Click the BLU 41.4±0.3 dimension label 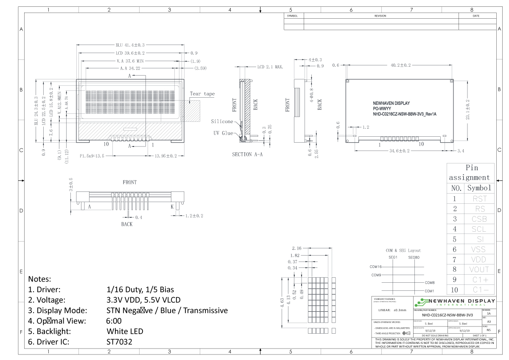click(x=130, y=45)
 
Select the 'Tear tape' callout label click(x=202, y=94)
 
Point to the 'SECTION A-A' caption click(x=247, y=155)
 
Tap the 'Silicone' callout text click(x=222, y=121)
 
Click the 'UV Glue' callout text click(x=223, y=133)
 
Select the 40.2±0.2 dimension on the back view click(x=400, y=65)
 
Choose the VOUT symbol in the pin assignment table click(x=479, y=270)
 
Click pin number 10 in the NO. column click(x=455, y=290)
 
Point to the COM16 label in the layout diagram click(x=375, y=267)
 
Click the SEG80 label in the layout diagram click(x=414, y=257)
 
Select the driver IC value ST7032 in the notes click(x=120, y=341)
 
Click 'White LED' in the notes click(x=125, y=331)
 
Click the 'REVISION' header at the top click(x=380, y=16)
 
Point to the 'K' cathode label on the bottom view click(x=172, y=207)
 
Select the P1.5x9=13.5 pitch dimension click(x=92, y=156)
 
